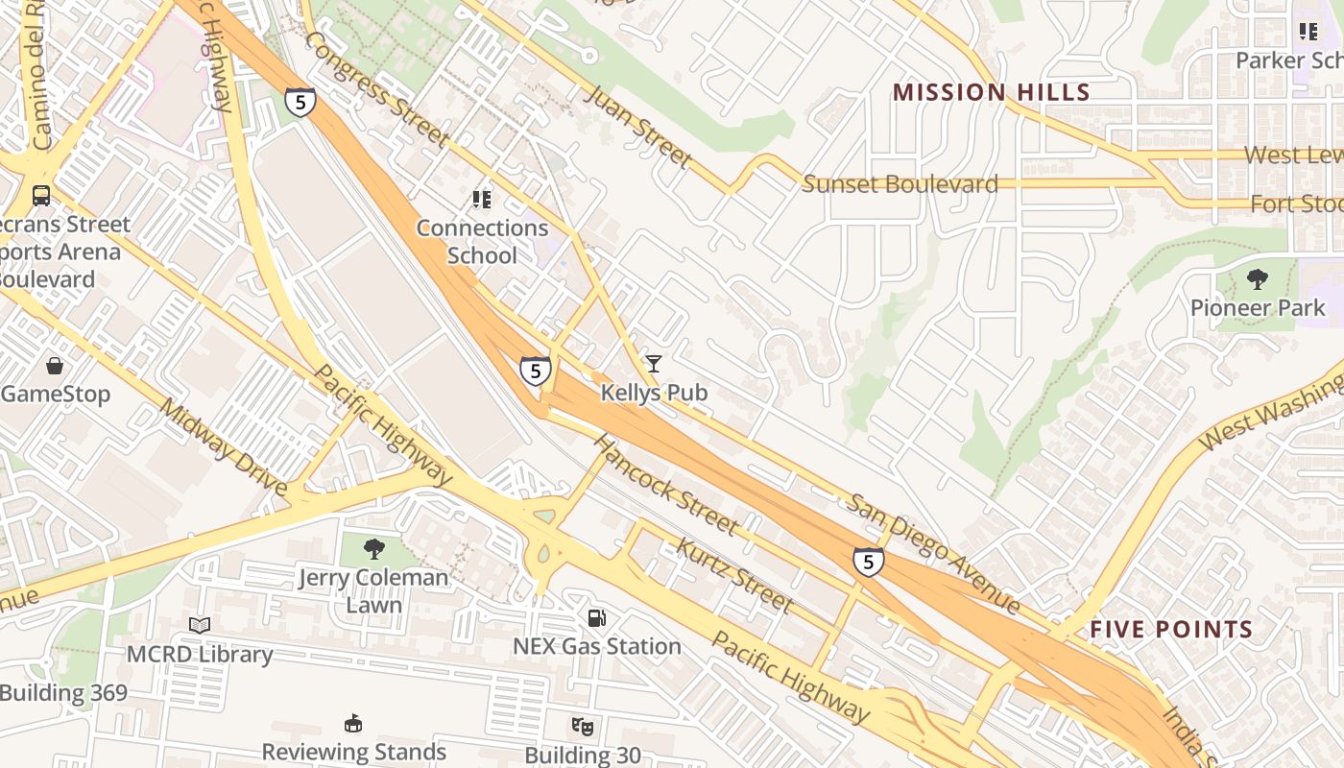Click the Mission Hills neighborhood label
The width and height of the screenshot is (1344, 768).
(991, 92)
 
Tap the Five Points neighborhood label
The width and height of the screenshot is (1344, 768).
(1171, 630)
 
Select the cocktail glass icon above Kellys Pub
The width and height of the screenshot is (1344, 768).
(654, 363)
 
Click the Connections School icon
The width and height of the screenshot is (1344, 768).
(482, 200)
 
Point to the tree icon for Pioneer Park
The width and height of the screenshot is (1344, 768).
(1257, 279)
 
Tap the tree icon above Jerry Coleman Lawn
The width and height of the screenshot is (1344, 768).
(373, 549)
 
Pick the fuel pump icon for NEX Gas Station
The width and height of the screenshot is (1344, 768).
(597, 618)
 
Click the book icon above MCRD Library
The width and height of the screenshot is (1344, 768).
(200, 626)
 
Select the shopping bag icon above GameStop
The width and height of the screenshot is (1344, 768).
(55, 366)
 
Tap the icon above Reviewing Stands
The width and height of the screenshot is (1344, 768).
(353, 723)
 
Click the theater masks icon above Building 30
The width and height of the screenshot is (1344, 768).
(582, 727)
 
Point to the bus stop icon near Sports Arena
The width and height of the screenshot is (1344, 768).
(41, 196)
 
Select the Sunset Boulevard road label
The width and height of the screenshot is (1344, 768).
(900, 184)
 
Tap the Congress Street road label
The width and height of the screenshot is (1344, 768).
(377, 89)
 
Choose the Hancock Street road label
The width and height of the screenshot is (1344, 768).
(666, 485)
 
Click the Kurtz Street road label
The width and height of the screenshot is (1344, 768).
(734, 576)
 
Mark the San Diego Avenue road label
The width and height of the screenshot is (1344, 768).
(932, 553)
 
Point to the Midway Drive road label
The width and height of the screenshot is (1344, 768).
(223, 448)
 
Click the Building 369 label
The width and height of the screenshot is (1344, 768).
(63, 692)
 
